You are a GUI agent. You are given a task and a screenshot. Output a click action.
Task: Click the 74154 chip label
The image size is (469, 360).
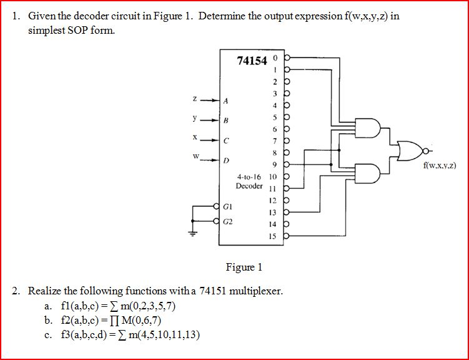coord(252,60)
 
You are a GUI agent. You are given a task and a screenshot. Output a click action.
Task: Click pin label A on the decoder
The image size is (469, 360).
coord(225,100)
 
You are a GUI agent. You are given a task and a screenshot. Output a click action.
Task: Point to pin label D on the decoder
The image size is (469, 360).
coord(225,161)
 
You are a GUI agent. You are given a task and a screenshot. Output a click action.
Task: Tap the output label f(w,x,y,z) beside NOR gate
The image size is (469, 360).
coord(440,166)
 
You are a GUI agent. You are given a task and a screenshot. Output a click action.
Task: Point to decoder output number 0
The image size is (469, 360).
coord(273,58)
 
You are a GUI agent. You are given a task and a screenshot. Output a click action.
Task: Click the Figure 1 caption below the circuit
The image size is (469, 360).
coord(244,267)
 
